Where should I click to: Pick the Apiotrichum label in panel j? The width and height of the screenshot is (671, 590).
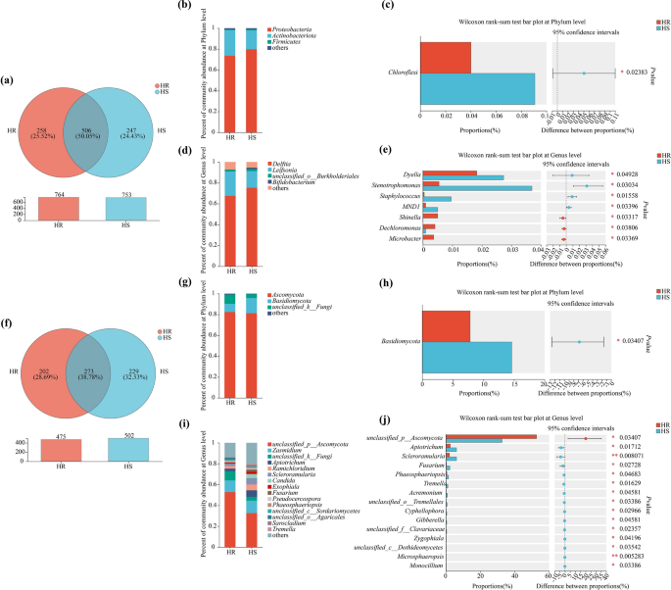(416, 447)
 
